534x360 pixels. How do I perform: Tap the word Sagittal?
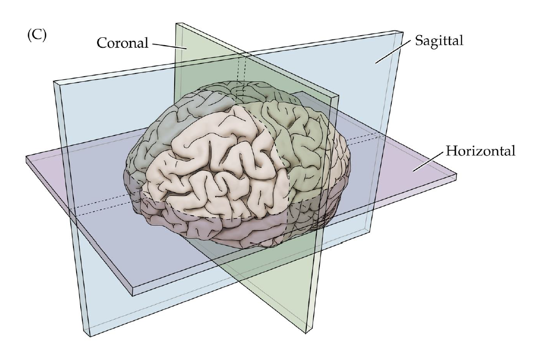439,40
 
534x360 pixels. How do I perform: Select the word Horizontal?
480,152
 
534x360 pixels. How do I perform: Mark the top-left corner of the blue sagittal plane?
54,81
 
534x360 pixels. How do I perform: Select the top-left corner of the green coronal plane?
176,24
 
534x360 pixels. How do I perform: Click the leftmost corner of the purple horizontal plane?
26,156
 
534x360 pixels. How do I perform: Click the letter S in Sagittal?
418,40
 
